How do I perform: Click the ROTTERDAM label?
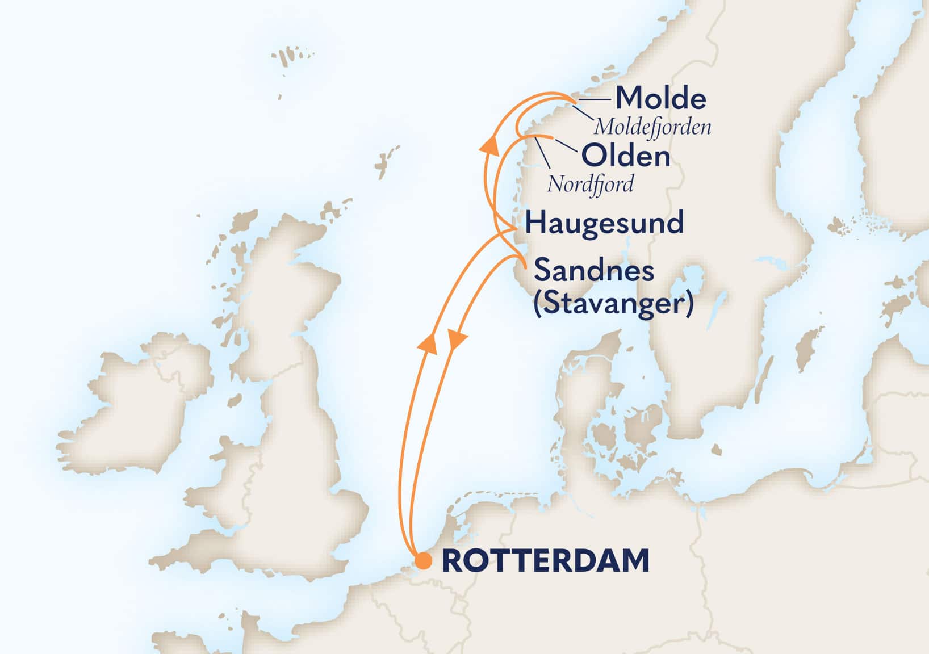[545, 561]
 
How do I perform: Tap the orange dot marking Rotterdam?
[423, 561]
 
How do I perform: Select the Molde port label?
[661, 99]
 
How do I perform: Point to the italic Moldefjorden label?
[652, 127]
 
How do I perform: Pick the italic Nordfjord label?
[590, 185]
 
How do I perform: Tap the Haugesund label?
[604, 223]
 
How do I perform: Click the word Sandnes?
[594, 270]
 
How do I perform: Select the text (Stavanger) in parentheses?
[613, 305]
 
